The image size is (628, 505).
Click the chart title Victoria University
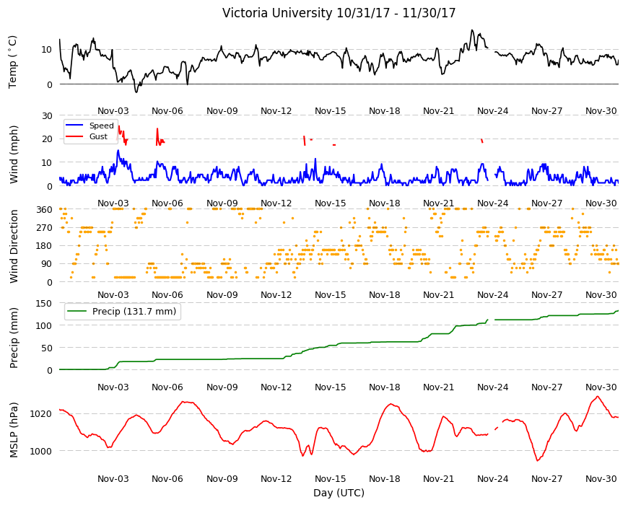pyautogui.click(x=277, y=13)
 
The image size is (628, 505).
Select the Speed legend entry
pyautogui.click(x=101, y=126)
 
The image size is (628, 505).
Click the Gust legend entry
pyautogui.click(x=98, y=136)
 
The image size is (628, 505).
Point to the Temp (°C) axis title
pyautogui.click(x=13, y=62)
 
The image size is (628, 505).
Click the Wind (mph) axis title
pyautogui.click(x=14, y=154)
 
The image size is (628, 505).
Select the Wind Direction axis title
pyautogui.click(x=14, y=246)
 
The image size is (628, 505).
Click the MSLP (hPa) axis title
pyautogui.click(x=14, y=429)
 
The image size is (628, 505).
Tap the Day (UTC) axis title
pyautogui.click(x=339, y=493)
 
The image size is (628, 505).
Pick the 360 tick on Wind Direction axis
pyautogui.click(x=45, y=210)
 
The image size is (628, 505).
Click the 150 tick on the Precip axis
pyautogui.click(x=45, y=303)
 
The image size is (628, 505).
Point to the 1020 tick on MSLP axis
pyautogui.click(x=41, y=414)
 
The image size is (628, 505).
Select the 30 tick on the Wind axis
pyautogui.click(x=47, y=115)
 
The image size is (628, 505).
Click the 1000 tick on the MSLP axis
pyautogui.click(x=41, y=451)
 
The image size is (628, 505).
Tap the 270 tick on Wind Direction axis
pyautogui.click(x=45, y=228)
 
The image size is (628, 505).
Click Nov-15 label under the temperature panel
pyautogui.click(x=330, y=111)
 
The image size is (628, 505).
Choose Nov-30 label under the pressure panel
pyautogui.click(x=601, y=478)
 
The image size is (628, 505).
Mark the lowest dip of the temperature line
pyautogui.click(x=136, y=92)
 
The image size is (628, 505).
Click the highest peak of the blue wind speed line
pyautogui.click(x=118, y=151)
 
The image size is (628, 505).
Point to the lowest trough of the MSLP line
pyautogui.click(x=538, y=460)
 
